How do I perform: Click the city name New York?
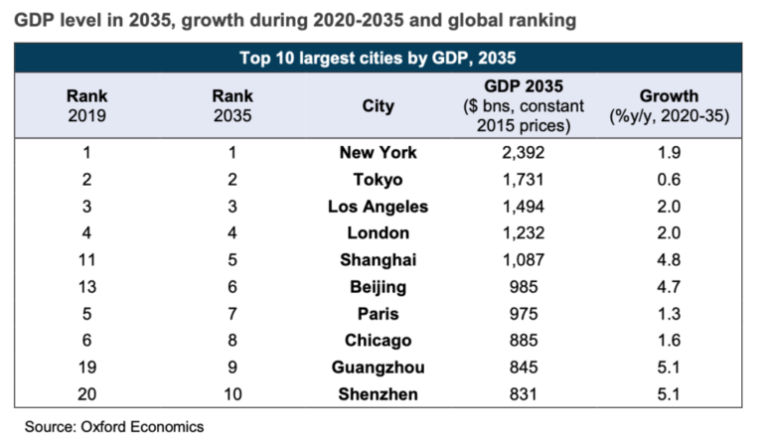pos(378,153)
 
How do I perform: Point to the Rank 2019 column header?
pos(86,106)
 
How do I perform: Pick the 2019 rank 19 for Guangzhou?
pos(86,368)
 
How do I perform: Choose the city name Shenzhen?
pos(378,394)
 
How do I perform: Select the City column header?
pos(378,106)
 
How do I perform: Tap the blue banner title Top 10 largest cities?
pos(378,57)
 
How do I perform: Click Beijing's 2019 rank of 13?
pos(86,287)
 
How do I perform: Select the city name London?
pos(378,233)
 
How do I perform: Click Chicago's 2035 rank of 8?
pos(232,341)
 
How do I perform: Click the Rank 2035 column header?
pos(232,106)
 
